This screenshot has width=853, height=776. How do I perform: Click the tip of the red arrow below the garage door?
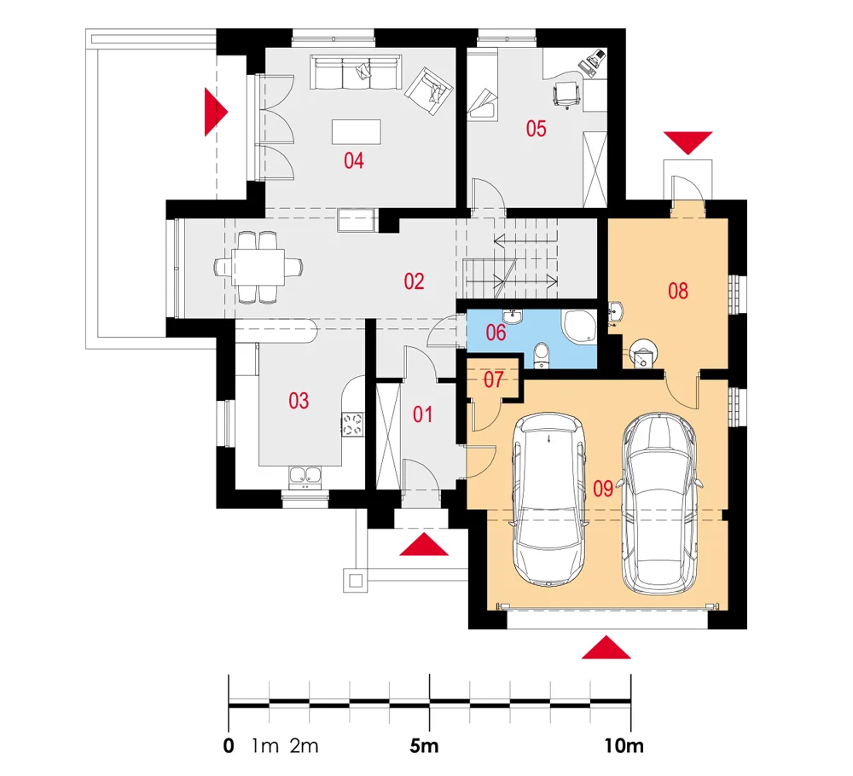click(606, 635)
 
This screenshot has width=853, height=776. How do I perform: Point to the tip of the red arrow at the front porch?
click(424, 534)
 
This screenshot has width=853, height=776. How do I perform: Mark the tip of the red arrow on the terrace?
click(229, 112)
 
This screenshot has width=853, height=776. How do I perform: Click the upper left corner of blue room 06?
click(467, 310)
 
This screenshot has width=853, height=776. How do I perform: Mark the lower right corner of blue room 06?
click(597, 368)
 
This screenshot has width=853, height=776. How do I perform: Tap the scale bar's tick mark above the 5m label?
click(430, 702)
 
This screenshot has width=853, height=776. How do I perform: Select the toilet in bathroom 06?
click(542, 356)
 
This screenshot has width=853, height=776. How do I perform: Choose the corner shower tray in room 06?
click(578, 326)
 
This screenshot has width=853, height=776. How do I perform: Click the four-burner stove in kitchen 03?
click(352, 424)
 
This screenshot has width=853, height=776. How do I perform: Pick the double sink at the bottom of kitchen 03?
click(305, 477)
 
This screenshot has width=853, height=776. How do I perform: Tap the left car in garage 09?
click(549, 499)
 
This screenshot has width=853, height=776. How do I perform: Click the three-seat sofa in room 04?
click(356, 72)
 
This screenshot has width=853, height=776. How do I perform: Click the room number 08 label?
click(678, 292)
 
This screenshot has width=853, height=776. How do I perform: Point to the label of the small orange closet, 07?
click(493, 379)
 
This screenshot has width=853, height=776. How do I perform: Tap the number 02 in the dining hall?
click(414, 281)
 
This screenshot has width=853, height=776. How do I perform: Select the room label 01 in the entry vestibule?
click(423, 415)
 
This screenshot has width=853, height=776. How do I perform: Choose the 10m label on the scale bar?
click(624, 745)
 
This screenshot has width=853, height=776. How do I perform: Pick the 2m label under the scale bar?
click(305, 745)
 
